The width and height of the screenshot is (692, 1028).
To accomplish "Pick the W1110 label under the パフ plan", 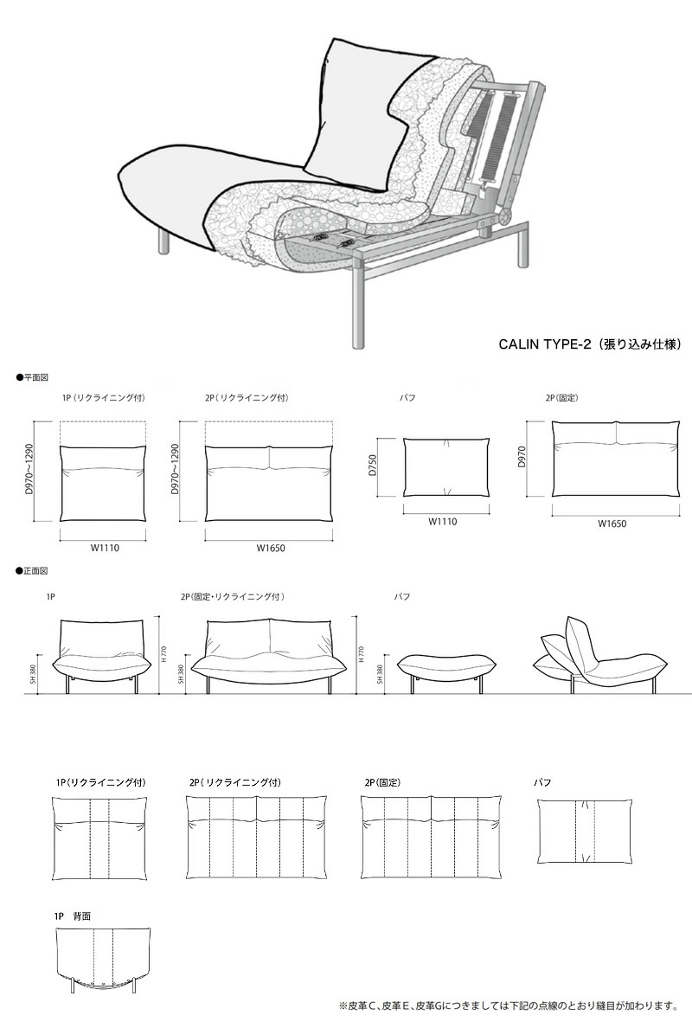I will (442, 522).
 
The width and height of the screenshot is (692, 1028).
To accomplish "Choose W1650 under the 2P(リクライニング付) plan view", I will (270, 549).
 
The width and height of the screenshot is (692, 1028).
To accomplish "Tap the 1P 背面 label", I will (73, 915).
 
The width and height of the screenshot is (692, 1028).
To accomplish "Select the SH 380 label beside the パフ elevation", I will (380, 676).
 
